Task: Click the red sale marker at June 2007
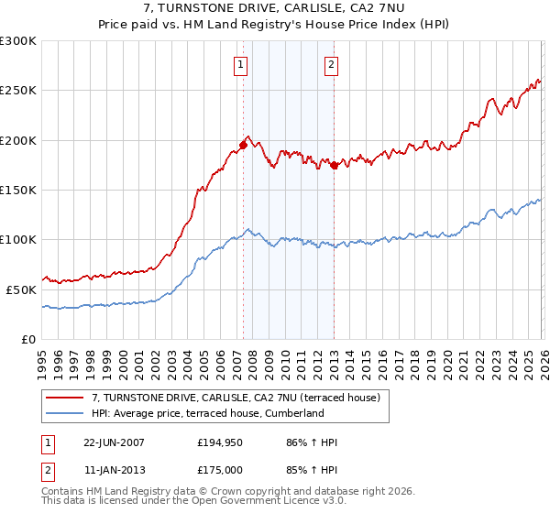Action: [243, 145]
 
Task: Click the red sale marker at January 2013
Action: [334, 165]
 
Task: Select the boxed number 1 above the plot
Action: [240, 64]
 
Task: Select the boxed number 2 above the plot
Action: [330, 64]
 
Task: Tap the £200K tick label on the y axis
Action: [18, 140]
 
